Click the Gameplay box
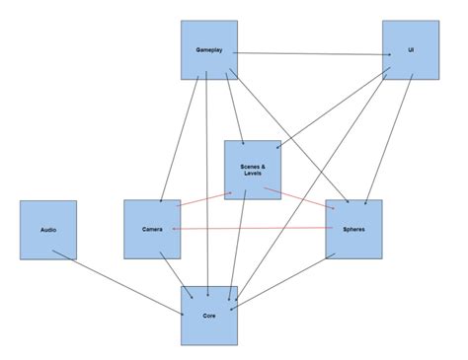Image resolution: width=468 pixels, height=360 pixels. [x=209, y=49]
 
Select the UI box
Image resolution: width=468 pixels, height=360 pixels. [x=410, y=49]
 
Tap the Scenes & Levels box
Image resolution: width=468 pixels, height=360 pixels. [x=253, y=169]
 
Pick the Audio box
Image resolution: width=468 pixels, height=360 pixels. [x=48, y=229]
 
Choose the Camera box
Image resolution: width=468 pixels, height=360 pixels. [x=152, y=229]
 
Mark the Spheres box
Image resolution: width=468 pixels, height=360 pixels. [x=352, y=229]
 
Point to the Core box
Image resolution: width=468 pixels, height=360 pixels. [x=209, y=315]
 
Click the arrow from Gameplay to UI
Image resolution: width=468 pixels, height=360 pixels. [x=310, y=53]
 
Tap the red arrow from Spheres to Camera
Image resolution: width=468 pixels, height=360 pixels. [x=252, y=229]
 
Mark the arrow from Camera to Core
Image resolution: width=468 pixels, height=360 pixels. [x=179, y=271]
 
